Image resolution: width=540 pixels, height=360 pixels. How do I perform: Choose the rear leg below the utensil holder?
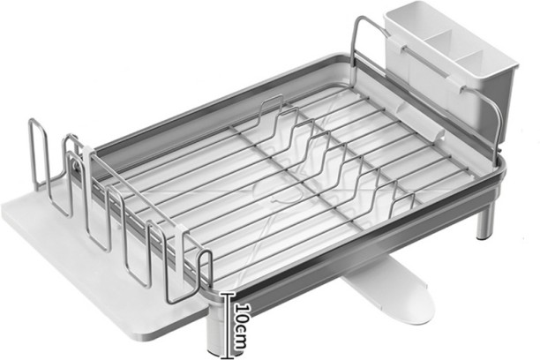(x=485, y=225)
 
